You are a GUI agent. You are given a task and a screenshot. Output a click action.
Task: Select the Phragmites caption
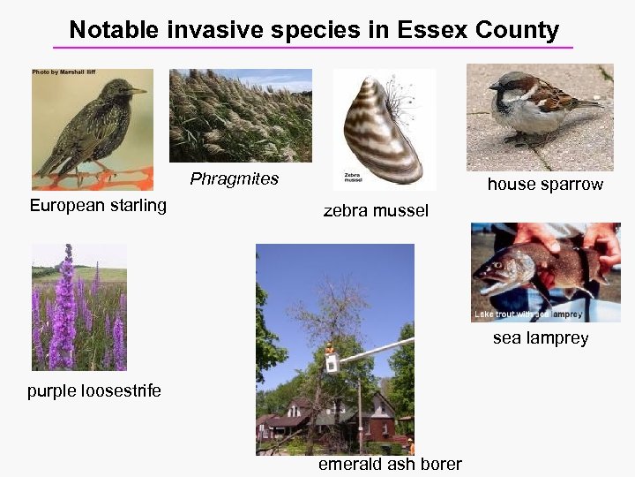[x=235, y=179]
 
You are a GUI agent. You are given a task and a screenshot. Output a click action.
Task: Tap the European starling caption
[x=98, y=206]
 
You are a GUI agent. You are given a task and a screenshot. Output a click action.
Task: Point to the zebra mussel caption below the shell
[x=376, y=210]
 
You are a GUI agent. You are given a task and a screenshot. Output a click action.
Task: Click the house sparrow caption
[x=545, y=185]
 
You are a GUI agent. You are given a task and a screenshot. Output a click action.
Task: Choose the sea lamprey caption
[x=541, y=338]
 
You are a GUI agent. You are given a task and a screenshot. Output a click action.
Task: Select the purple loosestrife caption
[x=94, y=390]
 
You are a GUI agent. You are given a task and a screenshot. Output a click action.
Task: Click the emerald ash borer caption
[x=390, y=465]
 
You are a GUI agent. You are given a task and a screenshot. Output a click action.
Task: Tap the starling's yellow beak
[x=138, y=90]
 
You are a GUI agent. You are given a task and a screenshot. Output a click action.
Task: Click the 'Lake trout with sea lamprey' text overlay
[x=527, y=314]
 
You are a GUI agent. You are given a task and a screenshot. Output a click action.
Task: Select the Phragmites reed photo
[x=240, y=116]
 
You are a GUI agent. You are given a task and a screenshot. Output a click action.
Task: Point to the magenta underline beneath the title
[x=313, y=47]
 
